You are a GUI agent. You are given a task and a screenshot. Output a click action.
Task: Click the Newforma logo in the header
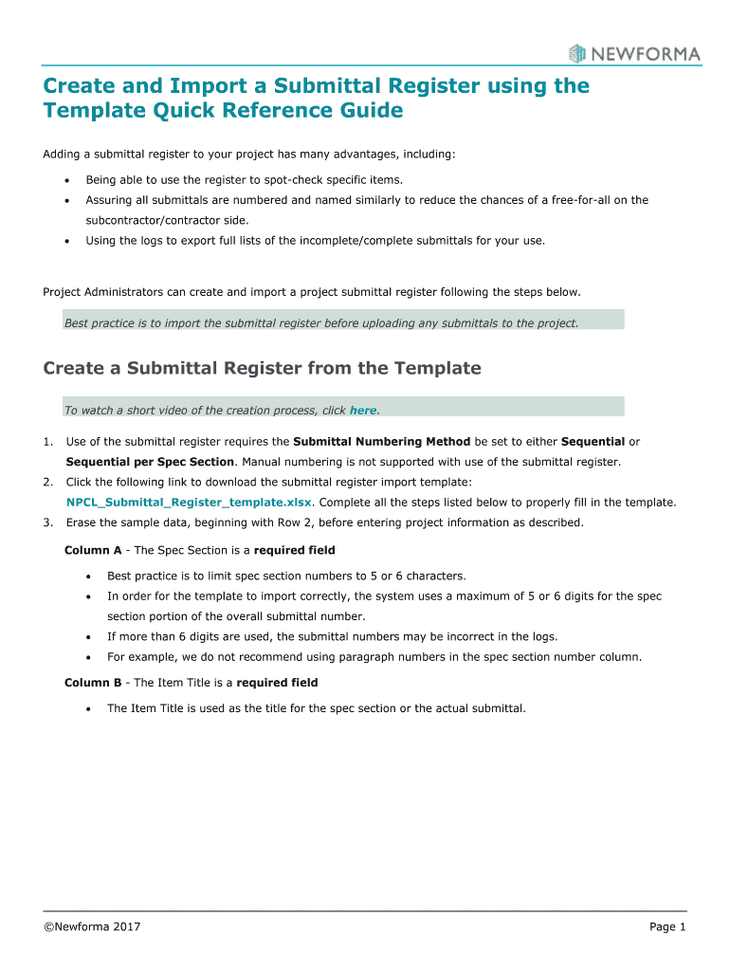[634, 53]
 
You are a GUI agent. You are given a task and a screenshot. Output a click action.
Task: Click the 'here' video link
[363, 411]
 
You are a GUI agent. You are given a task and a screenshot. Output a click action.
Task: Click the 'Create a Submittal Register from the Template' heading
[262, 368]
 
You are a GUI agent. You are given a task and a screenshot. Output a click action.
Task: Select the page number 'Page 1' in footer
[667, 926]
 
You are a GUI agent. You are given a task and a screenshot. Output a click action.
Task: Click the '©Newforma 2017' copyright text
[92, 926]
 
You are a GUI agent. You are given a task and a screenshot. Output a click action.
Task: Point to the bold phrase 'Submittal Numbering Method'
[382, 442]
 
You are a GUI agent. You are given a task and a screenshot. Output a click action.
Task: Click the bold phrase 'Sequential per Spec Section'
[150, 462]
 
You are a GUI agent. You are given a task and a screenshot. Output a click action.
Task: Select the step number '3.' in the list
[48, 522]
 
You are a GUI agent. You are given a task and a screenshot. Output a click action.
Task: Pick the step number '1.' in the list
[48, 442]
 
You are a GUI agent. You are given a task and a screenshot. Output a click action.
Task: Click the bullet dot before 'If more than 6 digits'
[88, 636]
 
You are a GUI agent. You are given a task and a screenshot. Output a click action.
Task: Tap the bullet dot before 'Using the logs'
[66, 241]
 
